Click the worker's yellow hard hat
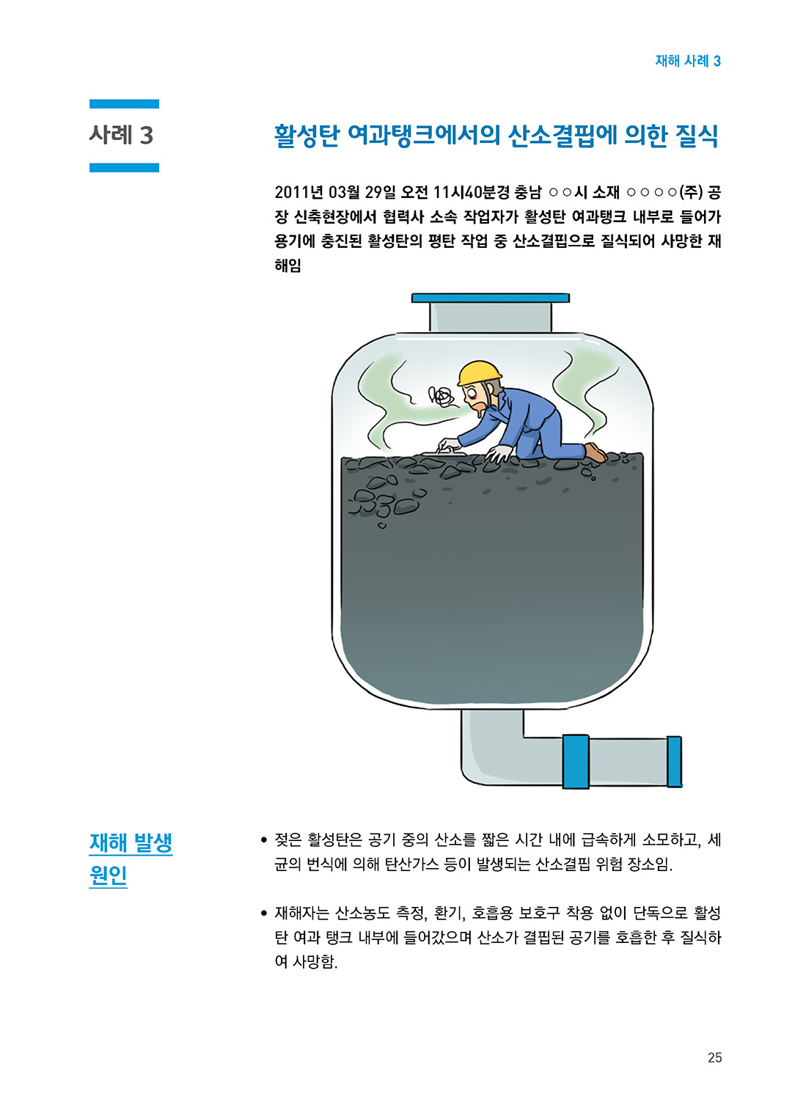tap(479, 372)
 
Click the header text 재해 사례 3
tap(688, 61)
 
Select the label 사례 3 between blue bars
tap(121, 135)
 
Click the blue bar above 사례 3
tap(124, 104)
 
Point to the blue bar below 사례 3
tap(124, 167)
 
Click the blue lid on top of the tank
tap(491, 298)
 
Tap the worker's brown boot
tap(596, 452)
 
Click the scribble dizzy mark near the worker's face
tap(442, 397)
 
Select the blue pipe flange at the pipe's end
tap(674, 762)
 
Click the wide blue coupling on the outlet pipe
tap(576, 761)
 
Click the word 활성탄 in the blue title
tap(307, 136)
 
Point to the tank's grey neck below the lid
tap(491, 317)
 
